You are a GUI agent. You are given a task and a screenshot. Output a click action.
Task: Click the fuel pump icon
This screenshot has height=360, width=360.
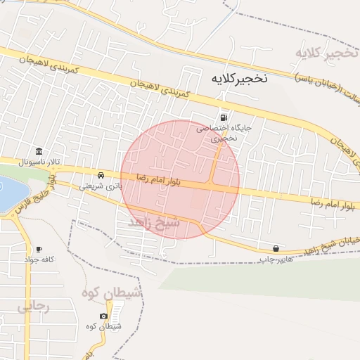pos(224,117)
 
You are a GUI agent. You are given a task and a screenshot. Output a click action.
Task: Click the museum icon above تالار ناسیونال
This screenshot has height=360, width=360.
pos(38,152)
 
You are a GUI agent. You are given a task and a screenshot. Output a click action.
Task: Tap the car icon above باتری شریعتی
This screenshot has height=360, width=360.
pos(103,175)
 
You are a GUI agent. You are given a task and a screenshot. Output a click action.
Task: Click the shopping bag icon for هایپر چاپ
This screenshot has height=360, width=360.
pos(276,248)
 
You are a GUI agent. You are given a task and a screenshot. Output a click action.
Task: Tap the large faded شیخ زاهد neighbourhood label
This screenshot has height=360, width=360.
pos(154,222)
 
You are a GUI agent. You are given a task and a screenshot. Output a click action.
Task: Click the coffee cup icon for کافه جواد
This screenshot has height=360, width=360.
pos(38,249)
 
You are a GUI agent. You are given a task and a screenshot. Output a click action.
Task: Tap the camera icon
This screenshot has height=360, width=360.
pos(104,316)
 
